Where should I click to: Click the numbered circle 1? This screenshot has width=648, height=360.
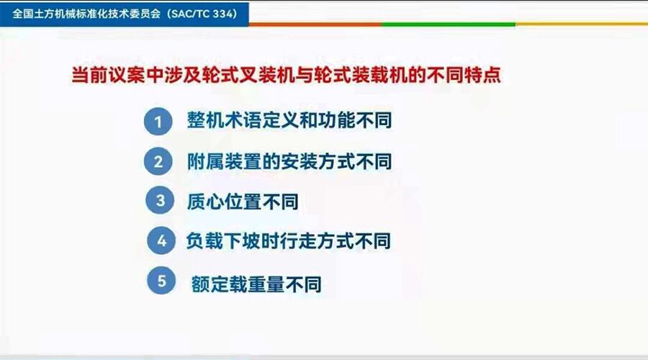tap(158, 122)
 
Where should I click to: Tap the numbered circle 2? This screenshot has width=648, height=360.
tap(158, 161)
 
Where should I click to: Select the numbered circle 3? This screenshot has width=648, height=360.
tap(160, 200)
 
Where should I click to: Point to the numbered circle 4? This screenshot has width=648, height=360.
tap(161, 240)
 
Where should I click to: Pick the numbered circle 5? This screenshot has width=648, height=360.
tap(161, 281)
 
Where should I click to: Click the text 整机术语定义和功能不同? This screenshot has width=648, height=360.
tap(289, 120)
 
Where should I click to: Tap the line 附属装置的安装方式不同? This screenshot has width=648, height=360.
tap(289, 161)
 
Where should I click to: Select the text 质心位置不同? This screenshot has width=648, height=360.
tap(243, 202)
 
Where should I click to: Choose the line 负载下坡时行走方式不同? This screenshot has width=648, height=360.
tap(289, 241)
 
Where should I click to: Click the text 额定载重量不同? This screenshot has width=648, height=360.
tap(256, 284)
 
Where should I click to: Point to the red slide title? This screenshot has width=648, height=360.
tap(286, 75)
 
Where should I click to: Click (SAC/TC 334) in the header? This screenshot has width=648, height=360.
tap(202, 14)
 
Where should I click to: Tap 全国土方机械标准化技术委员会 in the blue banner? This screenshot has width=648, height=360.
tap(86, 14)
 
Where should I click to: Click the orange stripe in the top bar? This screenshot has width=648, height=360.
tap(315, 24)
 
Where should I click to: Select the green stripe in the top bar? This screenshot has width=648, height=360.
tap(449, 24)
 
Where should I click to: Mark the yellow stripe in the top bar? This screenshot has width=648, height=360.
tap(582, 24)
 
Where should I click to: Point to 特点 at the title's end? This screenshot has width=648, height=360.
tap(482, 75)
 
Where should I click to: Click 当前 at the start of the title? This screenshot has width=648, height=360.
tap(90, 75)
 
